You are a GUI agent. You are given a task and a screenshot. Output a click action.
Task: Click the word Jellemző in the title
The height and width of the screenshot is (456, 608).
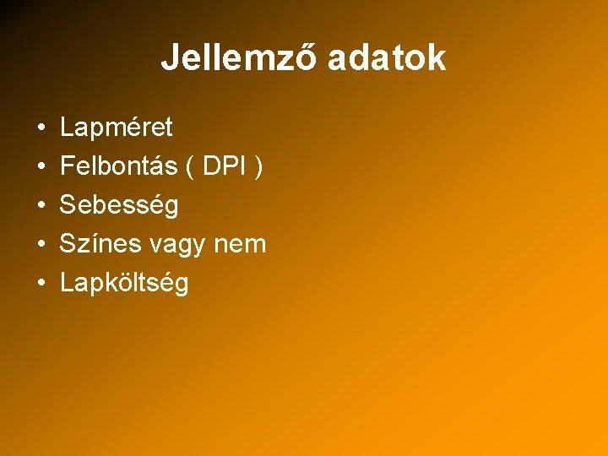tap(239, 58)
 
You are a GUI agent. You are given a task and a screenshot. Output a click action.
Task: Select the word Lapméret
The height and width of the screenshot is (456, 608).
tap(117, 128)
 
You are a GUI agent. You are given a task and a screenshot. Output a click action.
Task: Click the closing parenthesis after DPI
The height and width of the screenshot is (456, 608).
tap(258, 167)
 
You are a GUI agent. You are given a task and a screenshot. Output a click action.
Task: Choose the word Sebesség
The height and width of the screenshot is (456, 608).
tap(119, 205)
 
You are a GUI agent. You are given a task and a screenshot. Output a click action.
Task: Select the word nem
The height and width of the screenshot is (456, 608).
tap(243, 245)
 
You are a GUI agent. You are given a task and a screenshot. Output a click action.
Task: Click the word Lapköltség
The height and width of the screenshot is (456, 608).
tap(124, 283)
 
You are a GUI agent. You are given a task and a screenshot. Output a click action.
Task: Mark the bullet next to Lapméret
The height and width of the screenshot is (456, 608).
tap(41, 128)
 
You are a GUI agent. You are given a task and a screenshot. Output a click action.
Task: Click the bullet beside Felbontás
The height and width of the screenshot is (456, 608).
tap(41, 167)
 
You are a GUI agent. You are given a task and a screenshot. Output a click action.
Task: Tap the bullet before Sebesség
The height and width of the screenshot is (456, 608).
tap(41, 206)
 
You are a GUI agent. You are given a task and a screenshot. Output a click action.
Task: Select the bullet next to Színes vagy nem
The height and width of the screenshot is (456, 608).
tap(41, 245)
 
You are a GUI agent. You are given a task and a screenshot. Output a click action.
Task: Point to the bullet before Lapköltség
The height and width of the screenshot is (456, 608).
tap(41, 284)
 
